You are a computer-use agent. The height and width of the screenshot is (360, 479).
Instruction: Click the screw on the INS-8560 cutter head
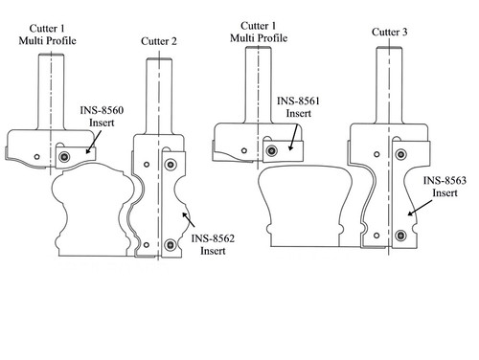tap(64, 156)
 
